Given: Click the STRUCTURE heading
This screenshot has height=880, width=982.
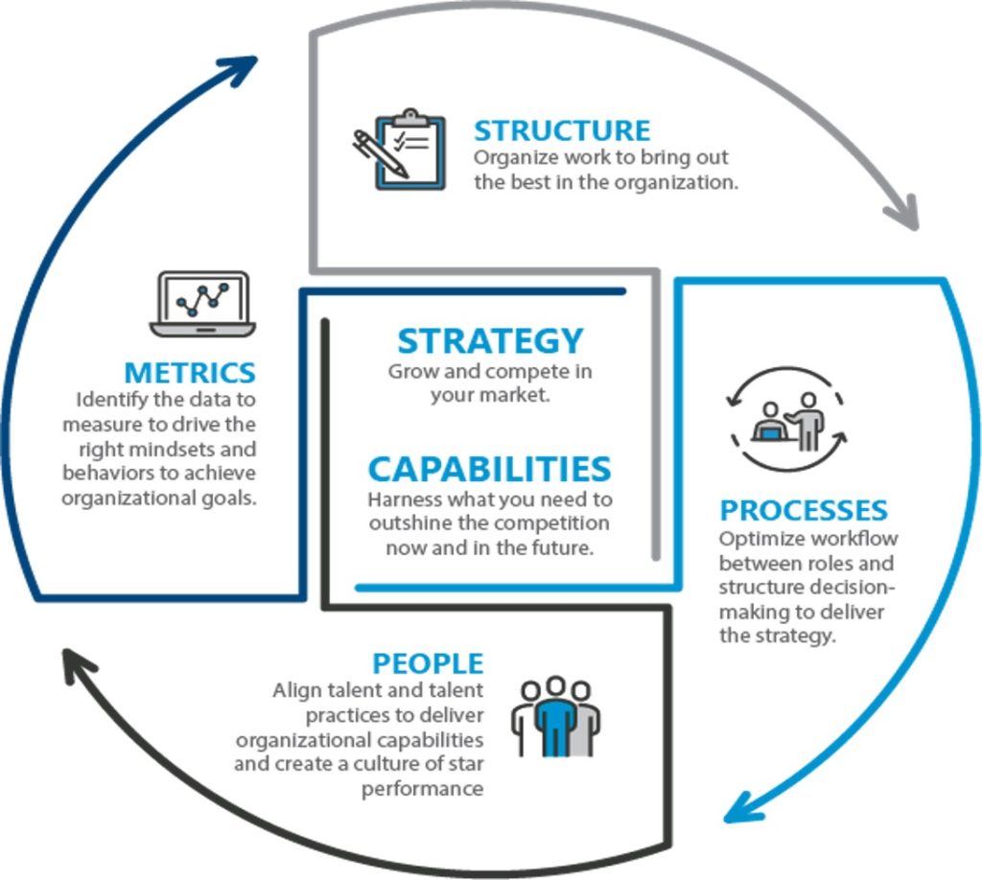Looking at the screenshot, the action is (562, 130).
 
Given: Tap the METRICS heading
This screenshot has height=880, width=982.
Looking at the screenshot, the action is (190, 372).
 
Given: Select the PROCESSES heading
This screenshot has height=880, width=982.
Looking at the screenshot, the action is (804, 510).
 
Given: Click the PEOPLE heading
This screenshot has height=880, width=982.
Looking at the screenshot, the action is (428, 663).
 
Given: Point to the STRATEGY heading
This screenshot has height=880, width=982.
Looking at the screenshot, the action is (490, 341).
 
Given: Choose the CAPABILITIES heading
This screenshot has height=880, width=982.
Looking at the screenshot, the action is (489, 470).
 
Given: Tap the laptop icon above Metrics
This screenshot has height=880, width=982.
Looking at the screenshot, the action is (202, 304).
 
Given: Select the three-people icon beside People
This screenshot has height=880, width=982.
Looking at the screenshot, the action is (555, 717).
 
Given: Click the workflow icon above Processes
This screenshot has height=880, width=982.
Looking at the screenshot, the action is (788, 419).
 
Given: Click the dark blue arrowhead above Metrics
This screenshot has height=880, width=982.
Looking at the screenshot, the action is (240, 69).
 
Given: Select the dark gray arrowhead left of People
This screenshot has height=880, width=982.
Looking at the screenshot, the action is (77, 665).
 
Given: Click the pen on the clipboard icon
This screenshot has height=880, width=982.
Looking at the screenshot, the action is (380, 153).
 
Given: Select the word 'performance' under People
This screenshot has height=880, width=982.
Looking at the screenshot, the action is (422, 789).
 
